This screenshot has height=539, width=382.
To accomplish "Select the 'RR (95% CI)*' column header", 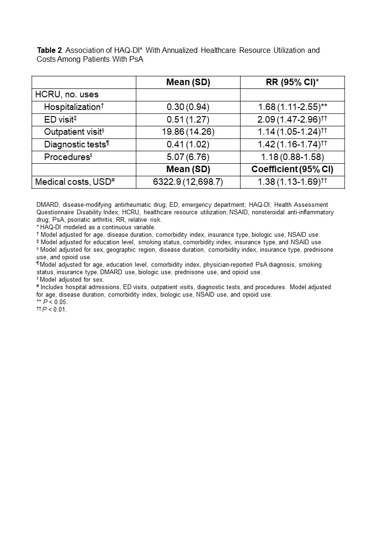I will coord(292,82).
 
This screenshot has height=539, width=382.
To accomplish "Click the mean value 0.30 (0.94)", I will coord(188,107).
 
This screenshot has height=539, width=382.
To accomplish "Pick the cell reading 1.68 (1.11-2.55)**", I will coord(293,107).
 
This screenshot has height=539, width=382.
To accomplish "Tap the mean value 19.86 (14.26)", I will coord(188,131).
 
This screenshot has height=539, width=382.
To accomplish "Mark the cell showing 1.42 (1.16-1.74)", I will coord(293,144).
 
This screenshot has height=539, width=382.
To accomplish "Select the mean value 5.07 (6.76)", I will coord(188,157).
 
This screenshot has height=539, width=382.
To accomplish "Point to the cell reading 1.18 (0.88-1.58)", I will coord(293,157).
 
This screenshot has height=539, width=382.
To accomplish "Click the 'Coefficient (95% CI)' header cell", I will coord(293,169).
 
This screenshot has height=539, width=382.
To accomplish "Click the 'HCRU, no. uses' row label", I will coord(67,95).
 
